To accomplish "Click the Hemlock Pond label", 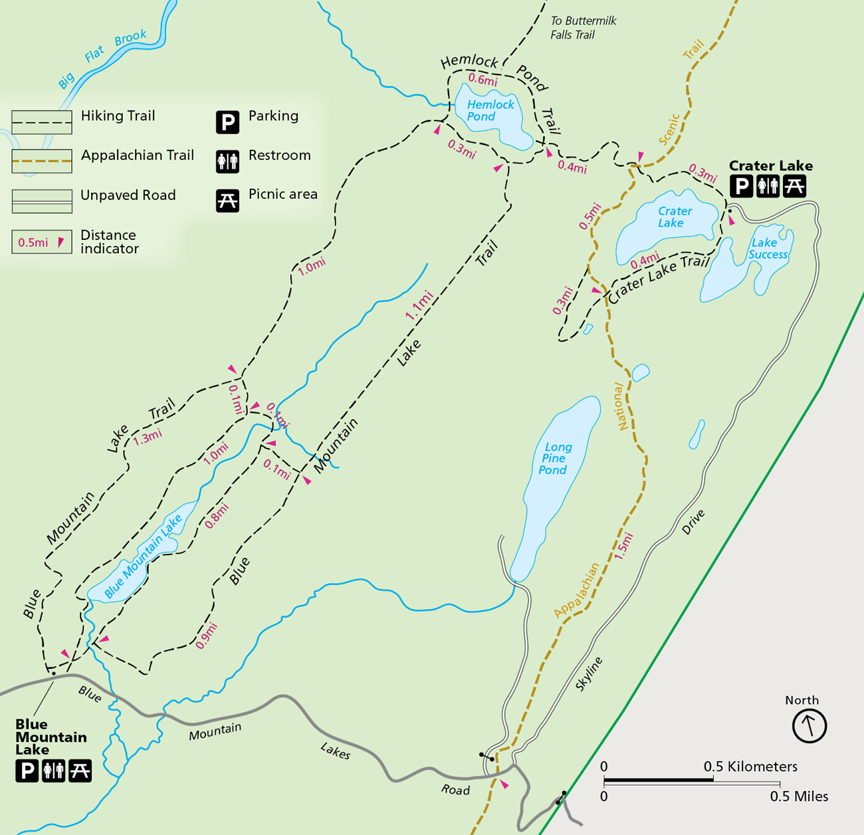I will click(490, 110).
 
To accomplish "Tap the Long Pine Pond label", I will click(554, 459).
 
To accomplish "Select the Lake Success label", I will click(767, 249).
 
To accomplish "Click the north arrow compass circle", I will click(809, 725).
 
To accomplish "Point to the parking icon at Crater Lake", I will click(742, 186).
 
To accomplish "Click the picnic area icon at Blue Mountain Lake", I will click(80, 771).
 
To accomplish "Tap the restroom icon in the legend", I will click(227, 162).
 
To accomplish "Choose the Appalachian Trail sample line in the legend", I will click(41, 161).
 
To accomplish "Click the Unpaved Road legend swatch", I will click(41, 201).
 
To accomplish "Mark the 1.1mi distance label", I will click(419, 306).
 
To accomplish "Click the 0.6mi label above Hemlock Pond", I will click(483, 80).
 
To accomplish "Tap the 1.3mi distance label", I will click(147, 437).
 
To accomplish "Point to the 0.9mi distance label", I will click(207, 636).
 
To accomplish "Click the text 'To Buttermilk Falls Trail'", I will click(583, 28).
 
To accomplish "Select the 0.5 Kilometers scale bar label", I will click(750, 767).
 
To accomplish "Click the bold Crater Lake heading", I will click(770, 166).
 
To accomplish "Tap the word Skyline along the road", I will click(589, 673).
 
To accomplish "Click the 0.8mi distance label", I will click(217, 516).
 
